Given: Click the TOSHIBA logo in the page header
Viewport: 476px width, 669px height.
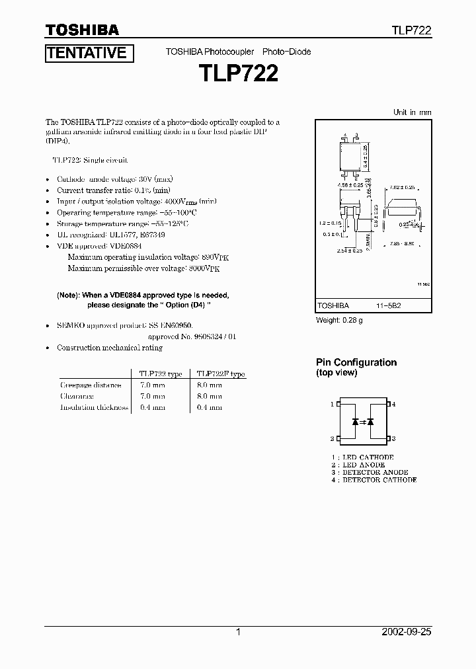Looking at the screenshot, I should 82,30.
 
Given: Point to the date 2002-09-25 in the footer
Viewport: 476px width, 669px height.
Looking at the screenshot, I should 404,632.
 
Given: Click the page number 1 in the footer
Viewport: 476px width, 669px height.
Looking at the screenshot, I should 239,632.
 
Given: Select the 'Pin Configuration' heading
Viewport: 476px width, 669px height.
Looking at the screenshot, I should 356,362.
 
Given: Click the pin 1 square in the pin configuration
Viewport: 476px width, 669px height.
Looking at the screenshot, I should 338,404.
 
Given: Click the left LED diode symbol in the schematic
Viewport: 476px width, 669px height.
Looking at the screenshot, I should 356,421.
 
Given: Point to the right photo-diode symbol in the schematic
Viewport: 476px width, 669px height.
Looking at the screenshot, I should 370,421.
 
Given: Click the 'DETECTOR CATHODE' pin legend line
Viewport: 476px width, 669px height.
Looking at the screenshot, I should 374,480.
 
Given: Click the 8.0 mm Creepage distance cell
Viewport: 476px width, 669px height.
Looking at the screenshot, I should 210,385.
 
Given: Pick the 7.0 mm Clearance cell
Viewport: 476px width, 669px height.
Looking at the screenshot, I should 153,396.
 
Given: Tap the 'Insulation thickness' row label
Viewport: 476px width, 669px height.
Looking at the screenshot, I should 94,407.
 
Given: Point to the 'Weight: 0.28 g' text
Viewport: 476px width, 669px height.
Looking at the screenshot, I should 338,321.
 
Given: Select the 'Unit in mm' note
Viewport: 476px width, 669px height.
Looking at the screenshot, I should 412,112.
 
